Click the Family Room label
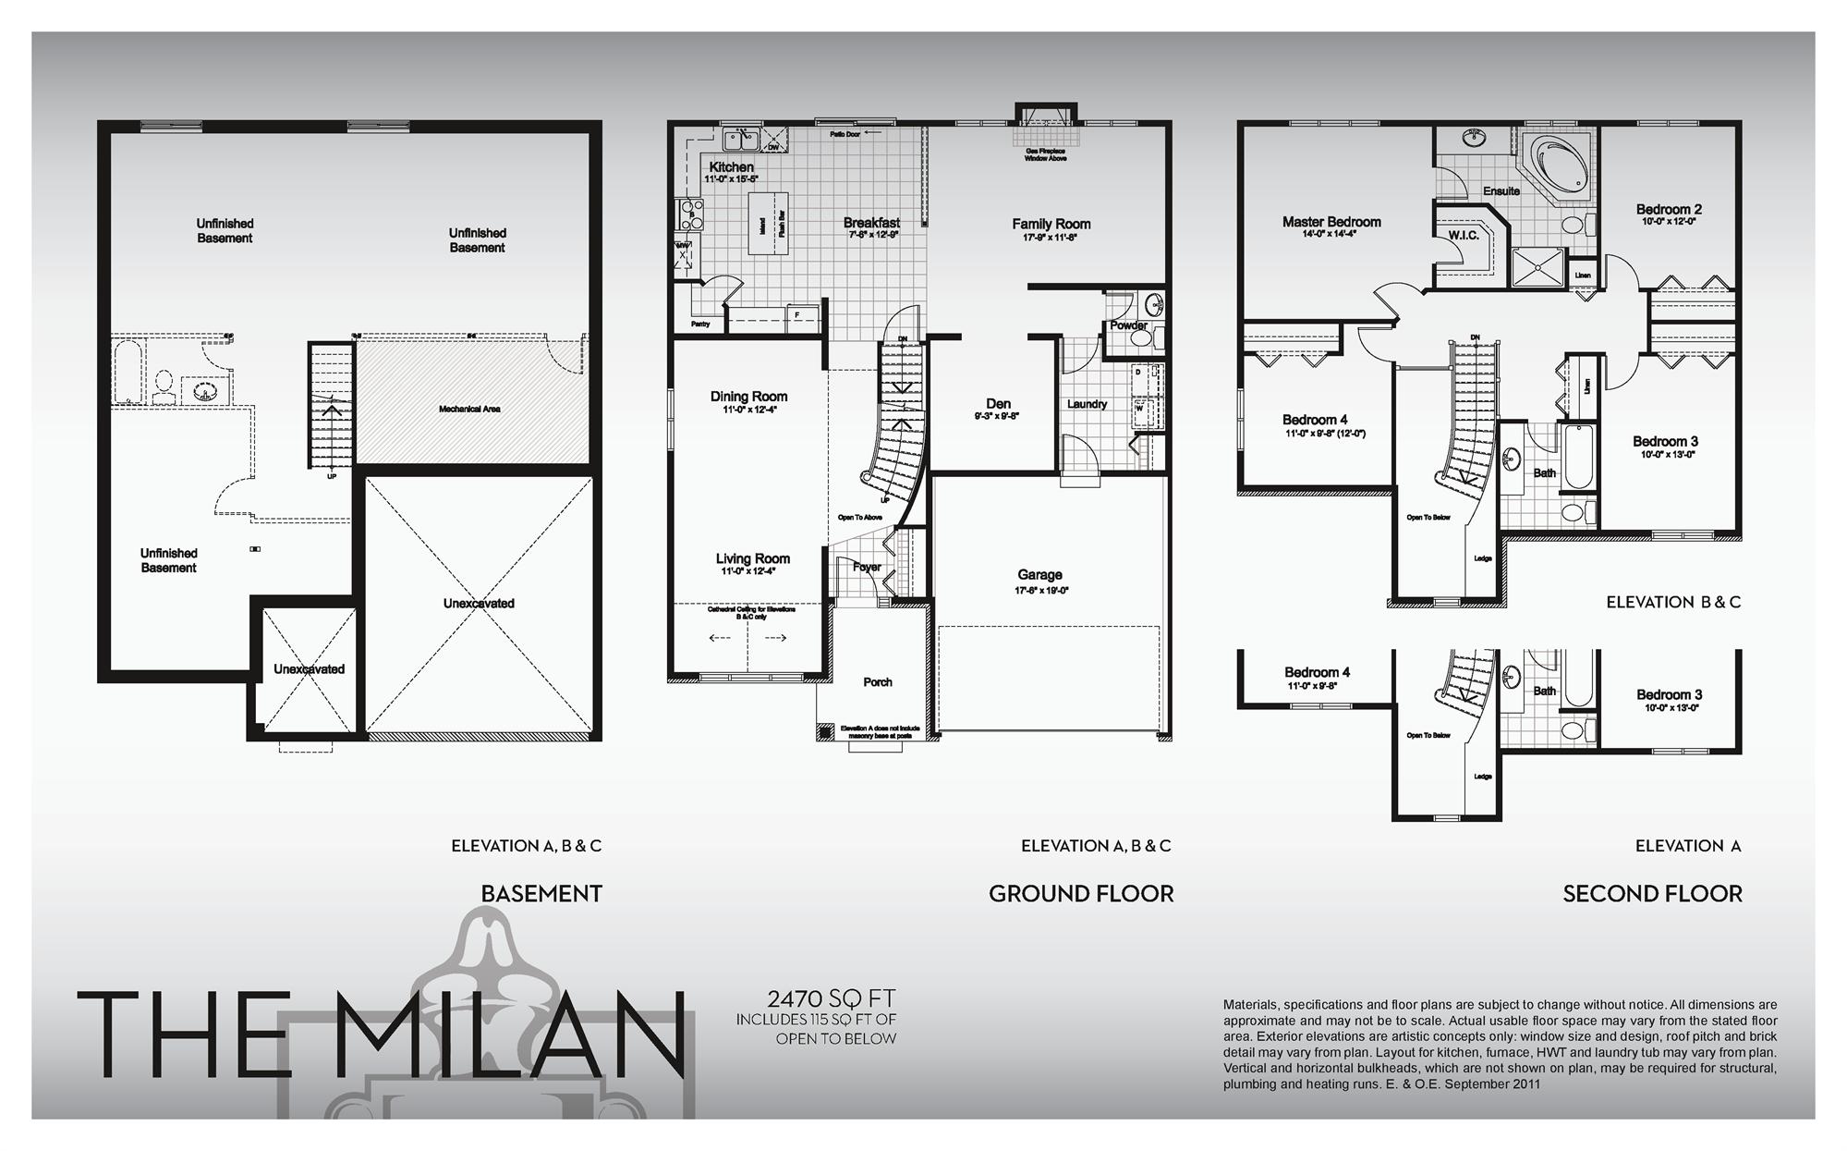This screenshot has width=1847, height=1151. [1051, 224]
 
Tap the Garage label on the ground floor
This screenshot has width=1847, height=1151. [1039, 575]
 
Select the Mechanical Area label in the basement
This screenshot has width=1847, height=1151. [469, 409]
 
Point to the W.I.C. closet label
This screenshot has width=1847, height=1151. [1464, 236]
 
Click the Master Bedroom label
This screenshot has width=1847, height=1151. [1331, 222]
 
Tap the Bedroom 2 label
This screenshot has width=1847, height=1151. [1668, 210]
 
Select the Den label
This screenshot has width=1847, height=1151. [998, 404]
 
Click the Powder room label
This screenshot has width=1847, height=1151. [1128, 325]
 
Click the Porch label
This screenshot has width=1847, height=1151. [877, 682]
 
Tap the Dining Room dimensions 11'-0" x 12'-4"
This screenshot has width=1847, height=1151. [749, 410]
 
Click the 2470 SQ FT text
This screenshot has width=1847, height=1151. [831, 998]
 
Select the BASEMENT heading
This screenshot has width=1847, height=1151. [541, 894]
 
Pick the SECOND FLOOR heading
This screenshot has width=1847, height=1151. [1652, 894]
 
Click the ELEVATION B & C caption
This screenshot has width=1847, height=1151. [1672, 602]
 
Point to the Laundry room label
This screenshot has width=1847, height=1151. [1087, 404]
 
